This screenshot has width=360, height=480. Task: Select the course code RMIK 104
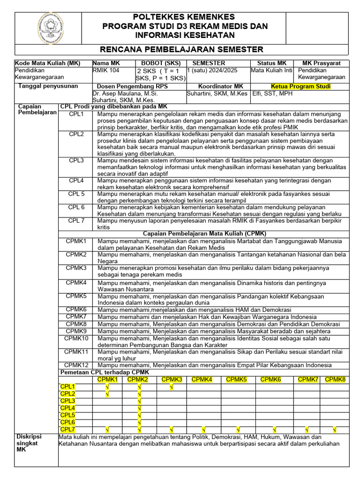[106, 71]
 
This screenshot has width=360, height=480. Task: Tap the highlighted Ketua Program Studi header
[300, 87]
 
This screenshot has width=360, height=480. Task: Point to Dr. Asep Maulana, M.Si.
[126, 93]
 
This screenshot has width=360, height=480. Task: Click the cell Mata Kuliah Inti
[271, 71]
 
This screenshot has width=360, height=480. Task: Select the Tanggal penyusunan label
[48, 87]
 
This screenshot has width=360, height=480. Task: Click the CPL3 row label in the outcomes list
[76, 160]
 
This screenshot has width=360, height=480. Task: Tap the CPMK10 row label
[76, 338]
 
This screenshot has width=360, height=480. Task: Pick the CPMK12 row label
[76, 365]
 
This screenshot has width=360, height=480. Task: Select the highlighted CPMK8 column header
[335, 379]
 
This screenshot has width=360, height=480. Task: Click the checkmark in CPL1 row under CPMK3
[171, 387]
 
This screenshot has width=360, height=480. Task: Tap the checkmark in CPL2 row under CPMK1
[107, 394]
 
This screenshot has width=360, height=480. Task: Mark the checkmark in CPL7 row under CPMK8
[335, 429]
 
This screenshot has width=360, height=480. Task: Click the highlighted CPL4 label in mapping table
[68, 408]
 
